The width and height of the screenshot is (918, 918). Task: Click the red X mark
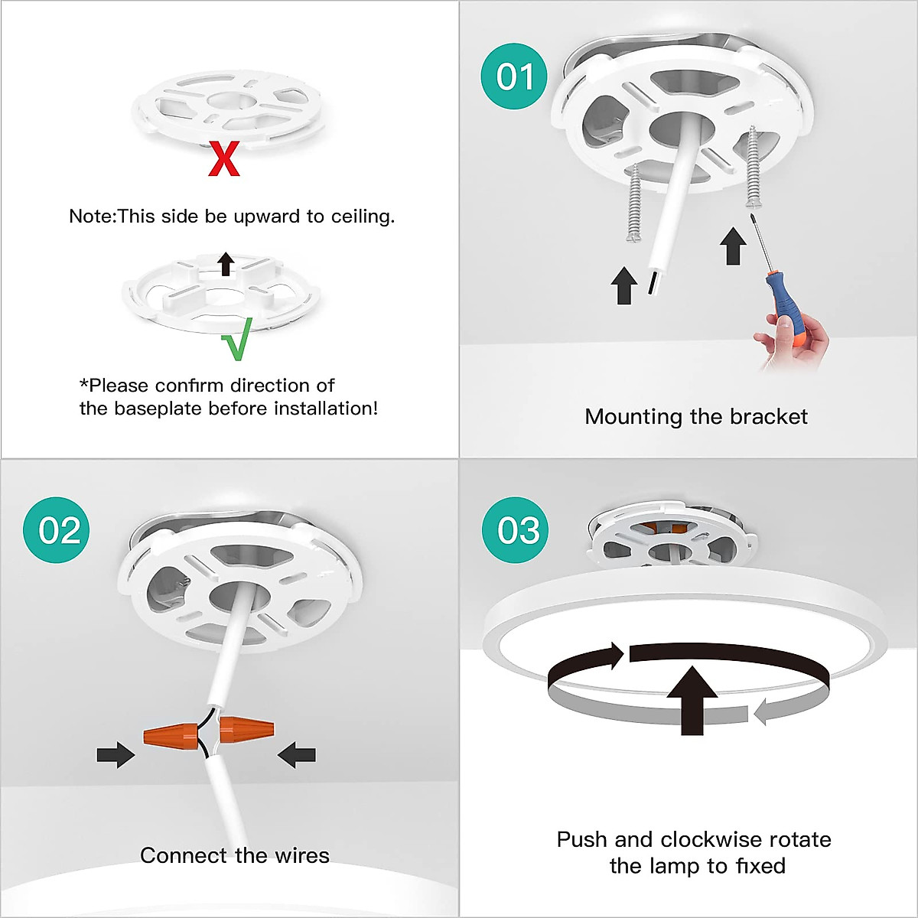point(224,160)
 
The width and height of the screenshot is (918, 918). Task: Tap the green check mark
point(236,339)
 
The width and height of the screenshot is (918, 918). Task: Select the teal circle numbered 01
point(515,76)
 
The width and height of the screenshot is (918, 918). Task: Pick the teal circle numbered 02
point(56,529)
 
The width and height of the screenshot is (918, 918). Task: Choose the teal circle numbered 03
point(515,529)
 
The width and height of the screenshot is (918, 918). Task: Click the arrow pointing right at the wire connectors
point(116,754)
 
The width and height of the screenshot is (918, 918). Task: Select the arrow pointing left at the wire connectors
point(296,754)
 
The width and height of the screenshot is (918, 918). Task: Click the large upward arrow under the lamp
point(692,701)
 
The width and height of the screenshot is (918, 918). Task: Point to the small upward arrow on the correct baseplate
point(226,265)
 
